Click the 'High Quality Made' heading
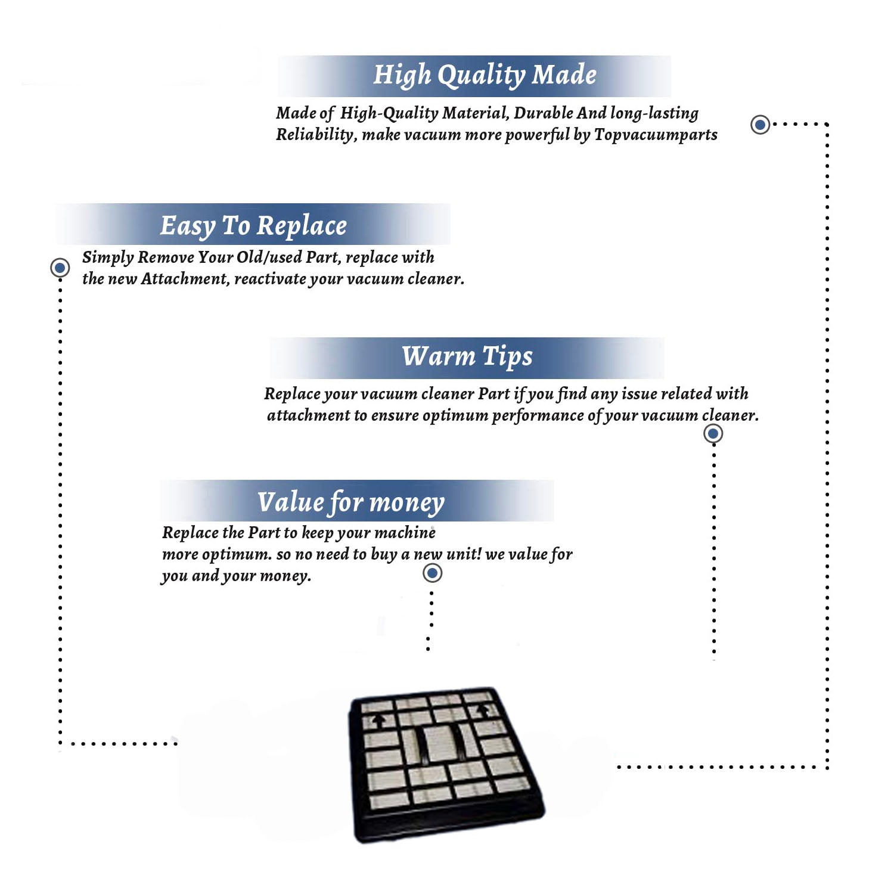pyautogui.click(x=485, y=76)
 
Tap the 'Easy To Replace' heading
pyautogui.click(x=253, y=226)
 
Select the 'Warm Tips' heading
pyautogui.click(x=467, y=356)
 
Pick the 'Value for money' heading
pyautogui.click(x=350, y=502)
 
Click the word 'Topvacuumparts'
pyautogui.click(x=656, y=135)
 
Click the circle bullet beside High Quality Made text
pyautogui.click(x=760, y=125)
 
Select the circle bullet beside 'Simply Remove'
pyautogui.click(x=60, y=268)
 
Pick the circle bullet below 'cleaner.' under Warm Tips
pyautogui.click(x=713, y=433)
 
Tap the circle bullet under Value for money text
pyautogui.click(x=432, y=573)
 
